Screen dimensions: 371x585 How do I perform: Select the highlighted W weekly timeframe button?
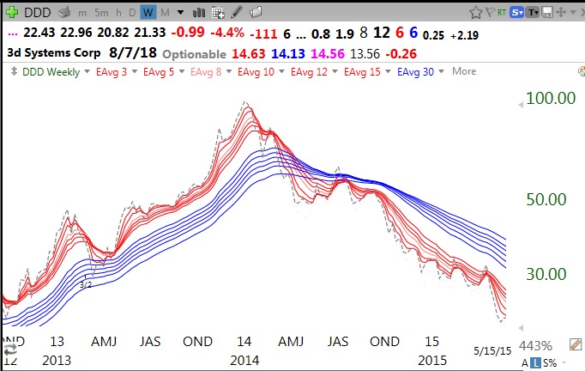(148, 12)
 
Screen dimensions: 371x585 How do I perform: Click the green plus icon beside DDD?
(11, 12)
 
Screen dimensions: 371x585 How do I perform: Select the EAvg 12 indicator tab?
(311, 71)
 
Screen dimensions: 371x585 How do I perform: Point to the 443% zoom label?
(535, 345)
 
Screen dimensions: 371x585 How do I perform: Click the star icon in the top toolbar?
(476, 12)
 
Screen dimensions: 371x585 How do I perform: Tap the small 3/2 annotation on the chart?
(85, 284)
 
